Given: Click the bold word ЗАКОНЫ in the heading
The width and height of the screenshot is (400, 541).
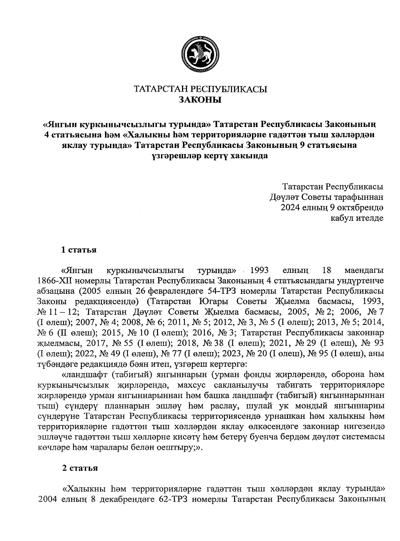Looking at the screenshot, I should [200, 100].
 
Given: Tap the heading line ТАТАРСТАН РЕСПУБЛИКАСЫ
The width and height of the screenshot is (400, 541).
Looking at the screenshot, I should [200, 89].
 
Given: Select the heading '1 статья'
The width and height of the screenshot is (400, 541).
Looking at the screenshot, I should [79, 250].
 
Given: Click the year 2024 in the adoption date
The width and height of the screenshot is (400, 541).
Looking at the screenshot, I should [291, 208].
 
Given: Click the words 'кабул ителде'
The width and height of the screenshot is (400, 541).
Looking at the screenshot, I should [356, 218].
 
